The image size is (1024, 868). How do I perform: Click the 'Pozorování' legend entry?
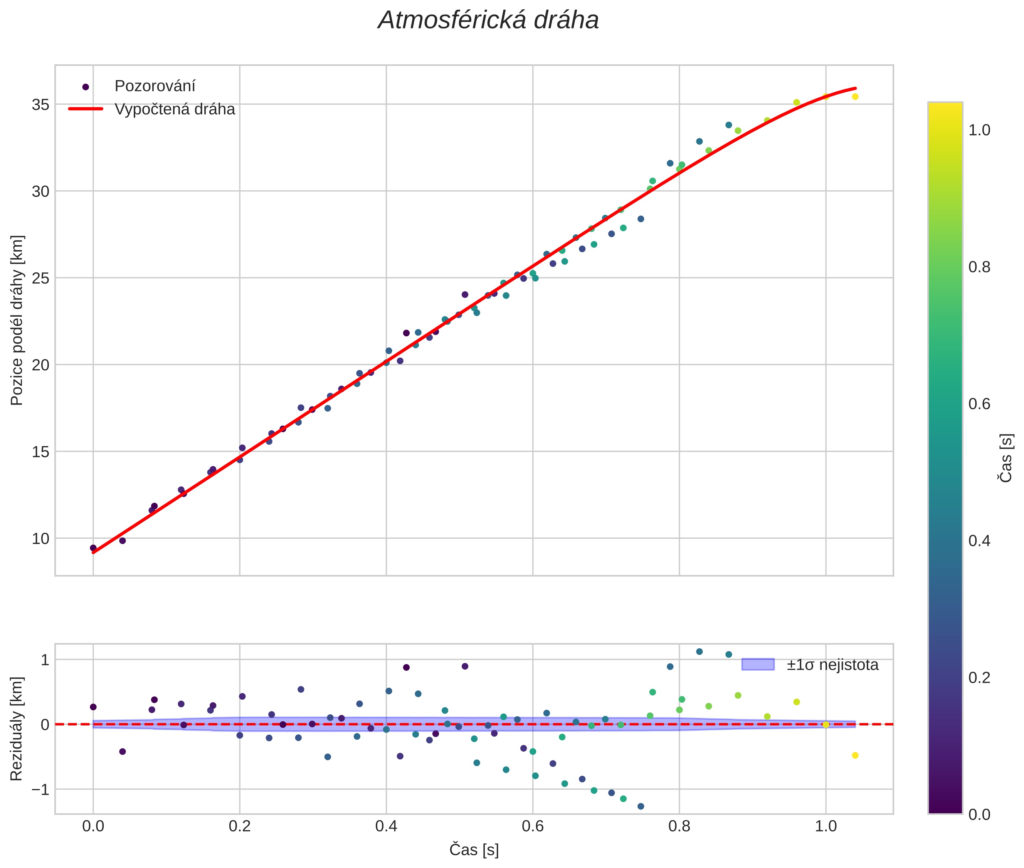click(155, 86)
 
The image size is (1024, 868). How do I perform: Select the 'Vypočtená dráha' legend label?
click(175, 109)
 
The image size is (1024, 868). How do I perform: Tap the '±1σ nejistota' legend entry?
click(832, 665)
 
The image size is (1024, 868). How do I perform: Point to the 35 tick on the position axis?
click(41, 105)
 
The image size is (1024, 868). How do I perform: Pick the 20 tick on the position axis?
click(41, 365)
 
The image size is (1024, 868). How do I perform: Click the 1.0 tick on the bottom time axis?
click(826, 826)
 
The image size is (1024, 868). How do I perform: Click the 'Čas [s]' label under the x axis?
click(474, 850)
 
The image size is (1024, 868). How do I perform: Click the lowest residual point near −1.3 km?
click(641, 806)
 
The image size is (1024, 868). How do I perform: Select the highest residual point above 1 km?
click(699, 651)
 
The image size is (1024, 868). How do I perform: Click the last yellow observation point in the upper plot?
click(855, 96)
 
